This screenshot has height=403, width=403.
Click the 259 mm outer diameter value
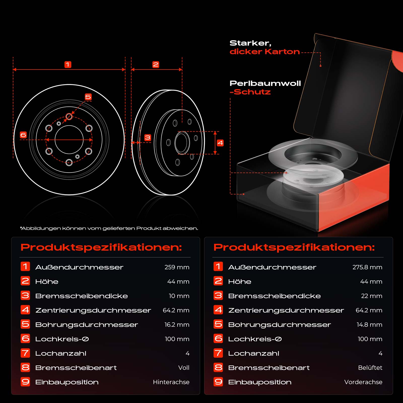click(x=177, y=267)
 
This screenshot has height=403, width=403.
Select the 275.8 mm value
click(x=367, y=267)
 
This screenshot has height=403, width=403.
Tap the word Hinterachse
click(x=171, y=382)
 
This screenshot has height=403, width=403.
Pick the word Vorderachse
click(x=363, y=382)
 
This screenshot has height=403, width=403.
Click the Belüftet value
click(x=370, y=368)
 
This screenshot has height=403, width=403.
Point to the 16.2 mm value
click(x=177, y=325)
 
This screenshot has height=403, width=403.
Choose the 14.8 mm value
click(x=370, y=325)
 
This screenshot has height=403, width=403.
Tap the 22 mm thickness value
click(x=372, y=296)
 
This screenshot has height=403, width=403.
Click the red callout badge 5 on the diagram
click(x=88, y=97)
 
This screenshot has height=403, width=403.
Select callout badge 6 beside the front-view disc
click(x=23, y=135)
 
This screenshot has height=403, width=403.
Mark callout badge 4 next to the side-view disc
click(x=220, y=143)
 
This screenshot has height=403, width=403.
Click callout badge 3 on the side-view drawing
click(x=148, y=138)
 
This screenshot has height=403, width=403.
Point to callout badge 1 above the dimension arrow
click(x=68, y=64)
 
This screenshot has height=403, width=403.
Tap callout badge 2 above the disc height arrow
click(x=156, y=64)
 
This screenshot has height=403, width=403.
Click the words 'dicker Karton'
click(x=265, y=52)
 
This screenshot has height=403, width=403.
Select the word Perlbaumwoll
click(x=265, y=83)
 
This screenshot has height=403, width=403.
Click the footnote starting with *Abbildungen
click(x=109, y=228)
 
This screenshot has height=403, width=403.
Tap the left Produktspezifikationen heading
click(x=101, y=247)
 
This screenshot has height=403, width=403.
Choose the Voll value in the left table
click(x=184, y=368)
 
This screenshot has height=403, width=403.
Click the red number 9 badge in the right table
click(x=218, y=382)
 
